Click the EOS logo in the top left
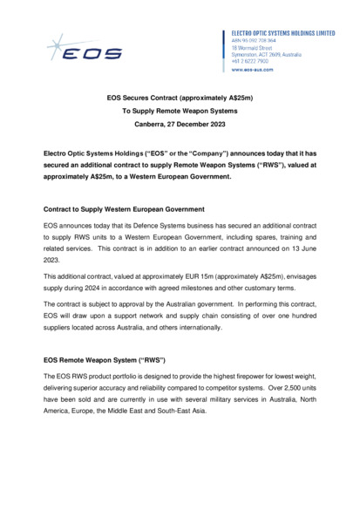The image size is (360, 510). coord(86,48)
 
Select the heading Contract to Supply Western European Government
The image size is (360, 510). coord(124,210)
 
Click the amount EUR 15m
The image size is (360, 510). coord(200,275)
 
